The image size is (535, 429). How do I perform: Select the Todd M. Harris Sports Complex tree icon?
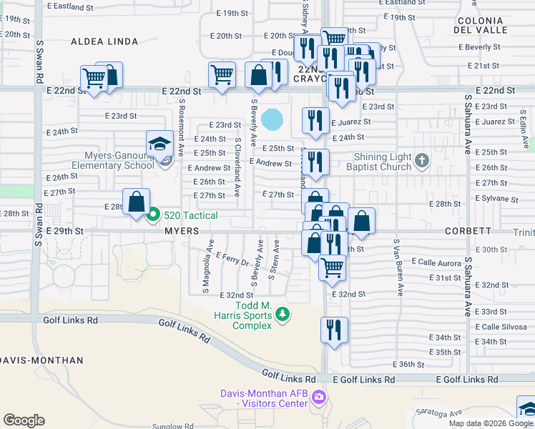coord(283,314)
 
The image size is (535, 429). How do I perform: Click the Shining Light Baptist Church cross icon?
coord(421,159)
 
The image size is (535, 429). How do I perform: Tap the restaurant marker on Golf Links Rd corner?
coord(334,330)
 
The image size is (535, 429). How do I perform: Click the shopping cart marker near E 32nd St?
coord(331,267)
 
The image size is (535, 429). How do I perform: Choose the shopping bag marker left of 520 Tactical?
coord(136,202)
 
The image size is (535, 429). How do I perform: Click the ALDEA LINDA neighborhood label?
coord(104,42)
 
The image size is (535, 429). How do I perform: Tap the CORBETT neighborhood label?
coord(467,232)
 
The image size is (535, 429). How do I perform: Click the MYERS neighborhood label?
coord(181,232)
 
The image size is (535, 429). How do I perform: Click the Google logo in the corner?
coord(24,420)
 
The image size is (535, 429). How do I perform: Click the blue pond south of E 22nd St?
coord(273,119)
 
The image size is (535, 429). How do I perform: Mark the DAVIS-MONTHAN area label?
coord(29,360)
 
